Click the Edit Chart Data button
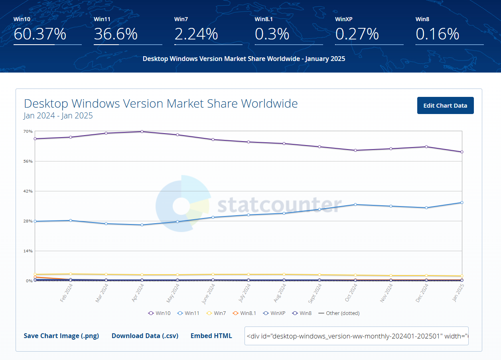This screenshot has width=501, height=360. [445, 106]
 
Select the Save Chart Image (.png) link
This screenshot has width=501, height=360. [61, 336]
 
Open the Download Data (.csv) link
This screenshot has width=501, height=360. [145, 336]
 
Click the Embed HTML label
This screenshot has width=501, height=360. [211, 336]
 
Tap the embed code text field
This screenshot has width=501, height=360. [356, 336]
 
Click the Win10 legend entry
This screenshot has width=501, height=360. [159, 313]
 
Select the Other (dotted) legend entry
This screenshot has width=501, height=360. [339, 313]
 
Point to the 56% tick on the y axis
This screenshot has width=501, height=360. [28, 161]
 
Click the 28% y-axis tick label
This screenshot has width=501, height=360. [28, 221]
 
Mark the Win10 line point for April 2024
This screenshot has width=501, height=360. [142, 132]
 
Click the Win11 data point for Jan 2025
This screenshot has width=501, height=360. [462, 203]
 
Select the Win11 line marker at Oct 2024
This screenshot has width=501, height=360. [355, 205]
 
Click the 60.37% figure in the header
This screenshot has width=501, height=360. [40, 34]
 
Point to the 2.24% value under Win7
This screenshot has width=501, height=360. [196, 34]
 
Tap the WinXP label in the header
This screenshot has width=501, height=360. [344, 19]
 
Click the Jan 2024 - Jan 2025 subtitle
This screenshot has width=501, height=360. [58, 116]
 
